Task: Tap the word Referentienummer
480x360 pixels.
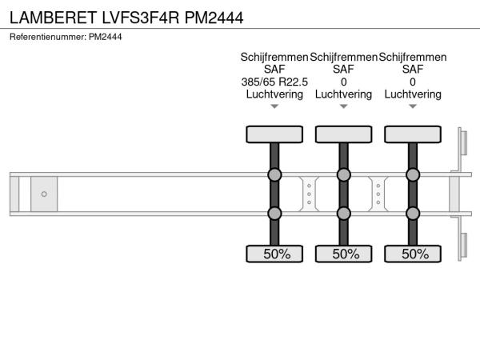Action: pos(47,37)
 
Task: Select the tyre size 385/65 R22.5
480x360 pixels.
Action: pos(274,82)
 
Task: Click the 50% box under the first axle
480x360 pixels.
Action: pos(274,254)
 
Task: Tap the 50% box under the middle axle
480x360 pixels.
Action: pos(343,254)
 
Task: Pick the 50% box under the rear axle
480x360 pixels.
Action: pos(413,254)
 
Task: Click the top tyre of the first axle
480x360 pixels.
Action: pos(274,134)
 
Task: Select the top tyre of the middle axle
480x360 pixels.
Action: pos(343,134)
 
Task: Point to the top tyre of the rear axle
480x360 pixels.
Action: pos(413,134)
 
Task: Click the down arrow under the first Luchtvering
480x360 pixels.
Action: pos(274,106)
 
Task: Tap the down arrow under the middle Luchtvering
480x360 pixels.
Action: pos(343,106)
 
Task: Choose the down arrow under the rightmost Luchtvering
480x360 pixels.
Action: pos(413,106)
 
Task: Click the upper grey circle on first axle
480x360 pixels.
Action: pos(274,175)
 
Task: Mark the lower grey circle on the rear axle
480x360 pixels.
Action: pos(413,214)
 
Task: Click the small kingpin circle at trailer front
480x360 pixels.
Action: pos(44,194)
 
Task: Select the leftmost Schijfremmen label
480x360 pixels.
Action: pos(274,58)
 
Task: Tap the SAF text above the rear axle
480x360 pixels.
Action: pos(413,70)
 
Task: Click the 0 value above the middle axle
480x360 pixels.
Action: pos(343,82)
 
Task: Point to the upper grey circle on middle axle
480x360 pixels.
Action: pos(343,175)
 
